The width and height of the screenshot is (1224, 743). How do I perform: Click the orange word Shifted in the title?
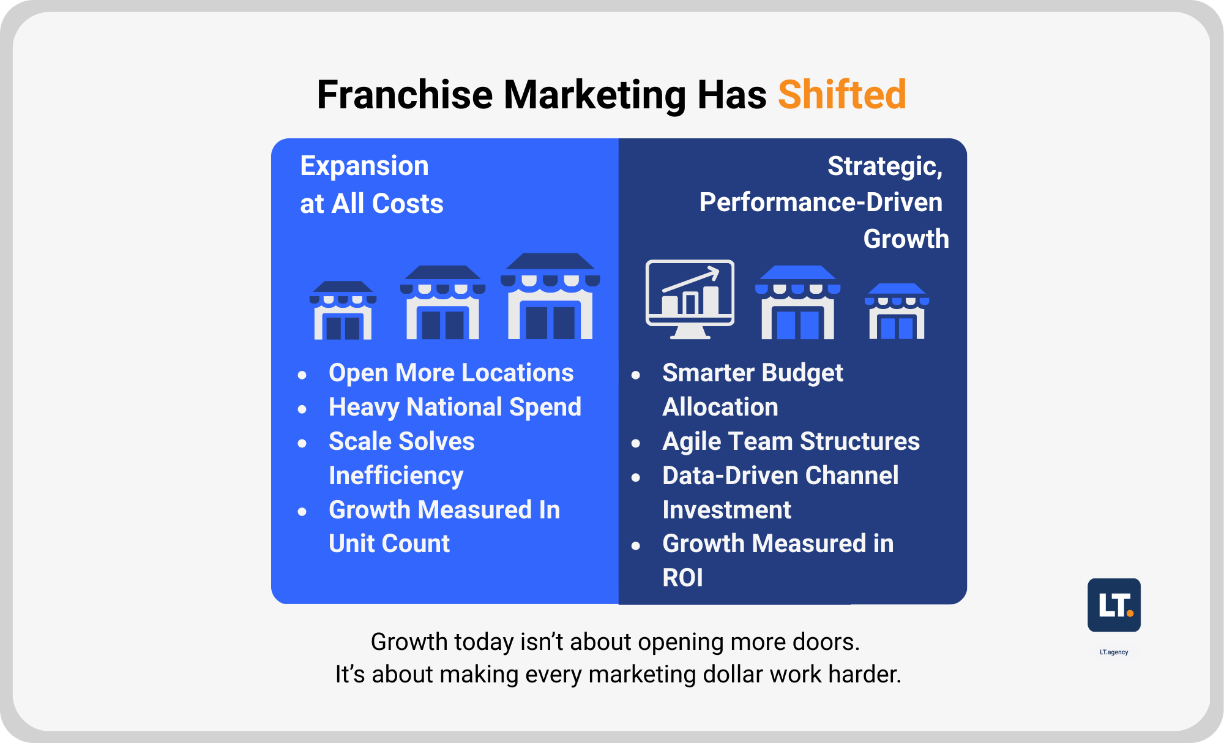[841, 95]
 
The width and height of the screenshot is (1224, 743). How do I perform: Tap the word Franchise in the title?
[405, 95]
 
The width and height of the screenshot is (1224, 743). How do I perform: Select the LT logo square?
[1114, 605]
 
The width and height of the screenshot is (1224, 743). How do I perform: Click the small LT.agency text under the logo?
[1114, 652]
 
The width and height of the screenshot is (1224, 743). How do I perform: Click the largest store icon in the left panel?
[550, 297]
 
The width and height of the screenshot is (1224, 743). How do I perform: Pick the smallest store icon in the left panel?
[343, 310]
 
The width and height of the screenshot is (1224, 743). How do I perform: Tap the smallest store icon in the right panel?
[897, 311]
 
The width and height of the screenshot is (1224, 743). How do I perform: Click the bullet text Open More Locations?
[451, 373]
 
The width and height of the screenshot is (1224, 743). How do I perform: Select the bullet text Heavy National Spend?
[455, 407]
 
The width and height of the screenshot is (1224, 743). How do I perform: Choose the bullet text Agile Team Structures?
[791, 441]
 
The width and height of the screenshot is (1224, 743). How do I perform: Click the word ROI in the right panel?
[682, 578]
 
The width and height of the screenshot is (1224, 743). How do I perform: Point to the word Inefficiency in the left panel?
[396, 476]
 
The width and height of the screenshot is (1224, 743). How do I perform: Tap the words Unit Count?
[389, 543]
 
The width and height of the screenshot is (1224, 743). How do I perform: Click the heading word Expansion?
[364, 166]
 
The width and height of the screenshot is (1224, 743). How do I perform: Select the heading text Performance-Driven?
[821, 202]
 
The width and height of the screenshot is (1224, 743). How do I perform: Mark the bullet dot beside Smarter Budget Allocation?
[636, 375]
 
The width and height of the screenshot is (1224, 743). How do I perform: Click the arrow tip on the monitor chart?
[717, 269]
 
